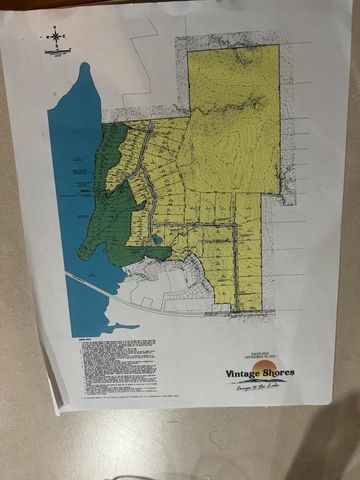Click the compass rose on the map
click(x=54, y=38)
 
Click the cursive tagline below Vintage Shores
click(x=256, y=387)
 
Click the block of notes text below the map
click(x=118, y=365)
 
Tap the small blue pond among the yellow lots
click(x=157, y=241)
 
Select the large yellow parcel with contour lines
click(x=234, y=115)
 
